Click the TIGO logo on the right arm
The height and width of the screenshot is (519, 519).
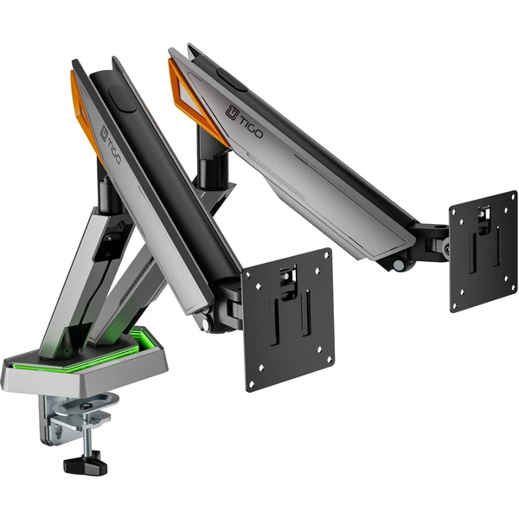click(245, 122)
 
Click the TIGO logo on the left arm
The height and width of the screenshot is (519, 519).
click(110, 144)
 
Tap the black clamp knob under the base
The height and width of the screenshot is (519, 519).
click(86, 463)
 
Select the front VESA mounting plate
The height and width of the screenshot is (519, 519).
click(288, 320)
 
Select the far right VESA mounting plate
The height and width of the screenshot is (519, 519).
click(483, 251)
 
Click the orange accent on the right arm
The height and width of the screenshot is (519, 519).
click(195, 100)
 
